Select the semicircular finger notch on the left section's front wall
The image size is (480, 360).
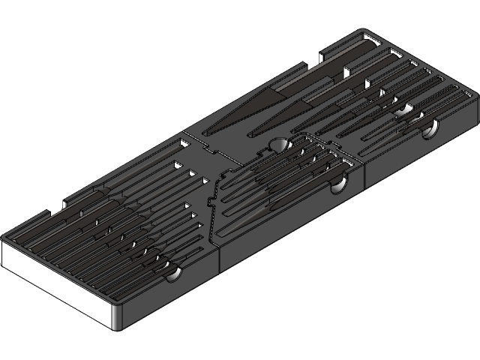click(173, 276)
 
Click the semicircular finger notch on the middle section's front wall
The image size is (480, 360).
click(337, 187)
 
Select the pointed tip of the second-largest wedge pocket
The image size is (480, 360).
click(251, 135)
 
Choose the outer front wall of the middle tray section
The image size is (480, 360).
click(292, 225)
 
